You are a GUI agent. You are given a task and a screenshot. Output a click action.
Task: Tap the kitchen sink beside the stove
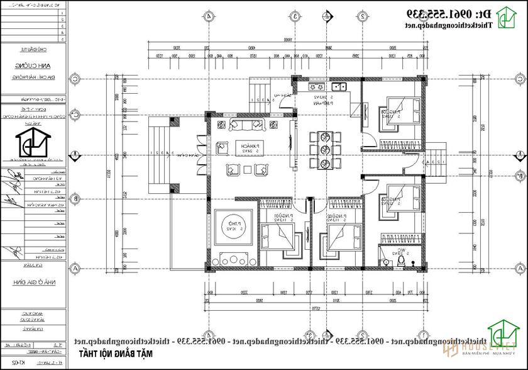coord(341,86)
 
